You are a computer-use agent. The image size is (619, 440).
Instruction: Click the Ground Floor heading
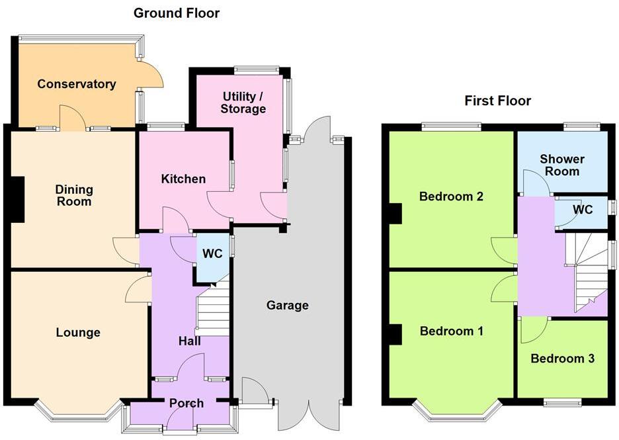click(x=177, y=13)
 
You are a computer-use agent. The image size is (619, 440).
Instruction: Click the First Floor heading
click(x=497, y=101)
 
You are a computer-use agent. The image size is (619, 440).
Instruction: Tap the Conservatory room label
click(x=77, y=84)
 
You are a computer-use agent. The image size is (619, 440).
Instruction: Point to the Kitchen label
click(x=183, y=179)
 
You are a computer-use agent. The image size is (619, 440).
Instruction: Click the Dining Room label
click(x=73, y=195)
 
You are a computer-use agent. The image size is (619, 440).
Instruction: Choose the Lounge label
click(x=78, y=332)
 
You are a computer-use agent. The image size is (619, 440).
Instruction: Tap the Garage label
click(x=288, y=305)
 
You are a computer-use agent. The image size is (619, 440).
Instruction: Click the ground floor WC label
click(x=212, y=254)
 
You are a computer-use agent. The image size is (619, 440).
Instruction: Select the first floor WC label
click(x=583, y=210)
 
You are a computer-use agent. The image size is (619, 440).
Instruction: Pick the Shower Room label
click(x=562, y=165)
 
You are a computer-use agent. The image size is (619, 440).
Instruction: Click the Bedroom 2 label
click(x=452, y=197)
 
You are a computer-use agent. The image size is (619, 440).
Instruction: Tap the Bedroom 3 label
click(x=562, y=359)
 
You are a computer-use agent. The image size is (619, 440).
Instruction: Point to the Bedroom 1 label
click(x=452, y=331)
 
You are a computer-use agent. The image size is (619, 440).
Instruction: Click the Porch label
click(x=186, y=403)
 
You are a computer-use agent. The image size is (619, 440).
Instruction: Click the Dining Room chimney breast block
click(x=15, y=199)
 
